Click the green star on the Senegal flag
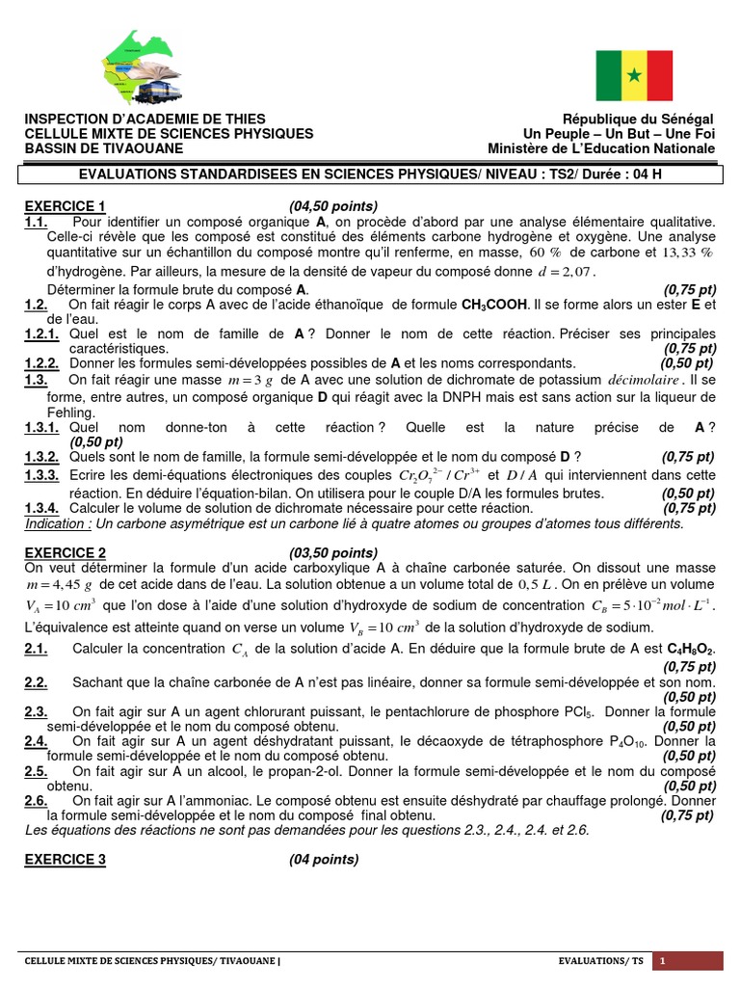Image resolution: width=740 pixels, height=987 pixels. click(633, 75)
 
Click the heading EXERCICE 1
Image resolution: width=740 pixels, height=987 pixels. click(65, 206)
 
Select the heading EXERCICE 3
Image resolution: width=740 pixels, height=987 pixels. click(65, 860)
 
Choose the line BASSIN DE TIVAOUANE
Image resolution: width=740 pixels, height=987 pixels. click(103, 148)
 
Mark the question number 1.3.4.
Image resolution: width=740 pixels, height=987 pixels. click(42, 508)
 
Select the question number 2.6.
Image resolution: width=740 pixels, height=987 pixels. click(36, 800)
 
